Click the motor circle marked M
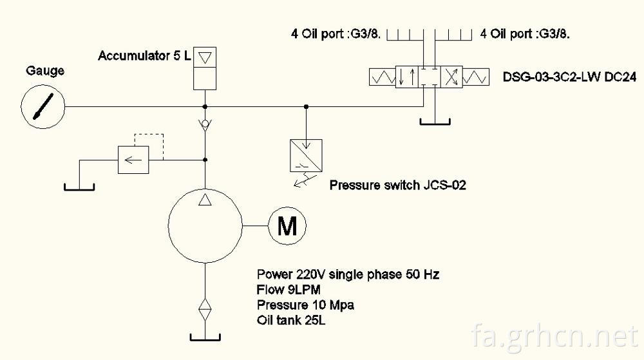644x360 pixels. tap(287, 226)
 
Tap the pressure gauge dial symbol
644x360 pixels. tap(43, 107)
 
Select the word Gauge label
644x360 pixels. tap(45, 71)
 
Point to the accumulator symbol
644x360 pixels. tap(205, 68)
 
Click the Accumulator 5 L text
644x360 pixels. tap(144, 56)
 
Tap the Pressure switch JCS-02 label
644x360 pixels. tap(397, 185)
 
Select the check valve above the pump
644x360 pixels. tap(205, 124)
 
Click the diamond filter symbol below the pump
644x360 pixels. tap(205, 310)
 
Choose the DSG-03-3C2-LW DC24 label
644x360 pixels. tap(570, 77)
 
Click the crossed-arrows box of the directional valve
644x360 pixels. tap(451, 77)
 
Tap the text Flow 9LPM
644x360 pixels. tap(289, 290)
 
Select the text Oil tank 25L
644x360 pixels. tap(291, 320)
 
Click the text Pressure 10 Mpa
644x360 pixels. tap(305, 305)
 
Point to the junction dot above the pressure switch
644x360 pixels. tap(306, 107)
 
